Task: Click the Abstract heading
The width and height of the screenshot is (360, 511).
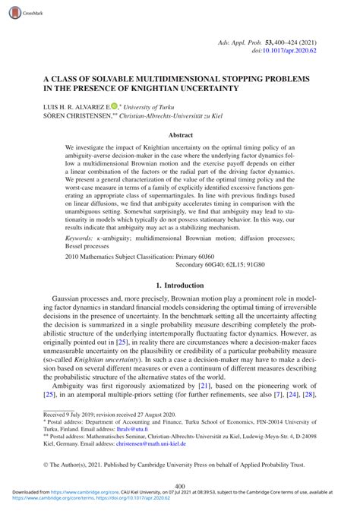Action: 179,135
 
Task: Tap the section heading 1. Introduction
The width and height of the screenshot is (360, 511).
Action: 179,285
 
